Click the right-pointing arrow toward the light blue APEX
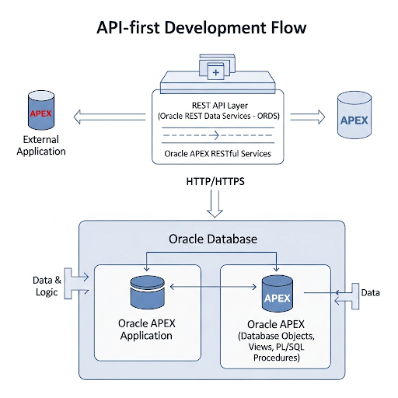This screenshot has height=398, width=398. [x=307, y=117]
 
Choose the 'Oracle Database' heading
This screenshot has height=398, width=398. [x=212, y=238]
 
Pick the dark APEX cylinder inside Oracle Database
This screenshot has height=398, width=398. [x=278, y=294]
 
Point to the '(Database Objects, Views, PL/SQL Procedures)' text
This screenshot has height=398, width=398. [x=278, y=347]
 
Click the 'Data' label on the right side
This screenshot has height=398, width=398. [x=371, y=292]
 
